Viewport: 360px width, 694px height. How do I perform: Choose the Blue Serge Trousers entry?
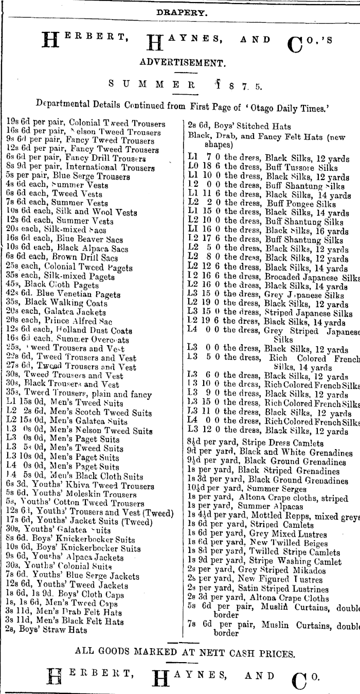72,176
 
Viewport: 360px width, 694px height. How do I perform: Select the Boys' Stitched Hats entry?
239,126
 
